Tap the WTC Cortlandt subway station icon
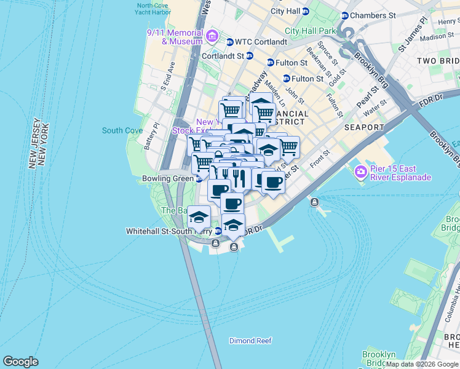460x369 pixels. pos(229,42)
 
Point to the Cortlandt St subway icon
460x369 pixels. pos(249,56)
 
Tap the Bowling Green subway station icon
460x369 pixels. pos(199,179)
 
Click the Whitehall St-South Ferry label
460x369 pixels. pos(169,231)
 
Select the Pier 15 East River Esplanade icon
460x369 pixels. pos(360,170)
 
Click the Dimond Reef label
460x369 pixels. pos(250,341)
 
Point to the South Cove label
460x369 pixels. pos(122,130)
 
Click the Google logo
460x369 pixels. pos(20,362)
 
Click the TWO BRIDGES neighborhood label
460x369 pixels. pos(438,61)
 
